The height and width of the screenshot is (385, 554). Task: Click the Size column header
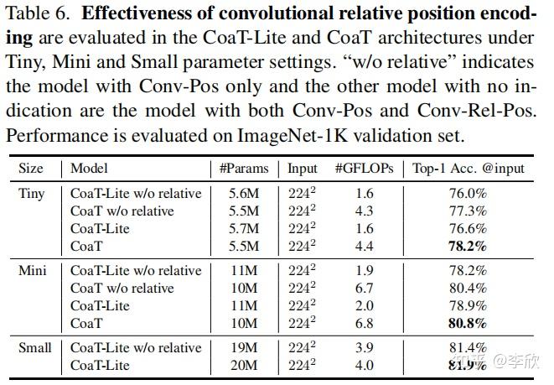[31, 168]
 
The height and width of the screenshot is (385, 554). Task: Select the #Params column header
[244, 168]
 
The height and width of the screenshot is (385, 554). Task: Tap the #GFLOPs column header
[365, 168]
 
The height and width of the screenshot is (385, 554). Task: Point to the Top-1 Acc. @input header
[468, 168]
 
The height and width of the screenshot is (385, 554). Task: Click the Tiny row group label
[33, 193]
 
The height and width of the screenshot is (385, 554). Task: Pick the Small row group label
[35, 348]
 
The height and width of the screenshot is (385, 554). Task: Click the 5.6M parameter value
[245, 193]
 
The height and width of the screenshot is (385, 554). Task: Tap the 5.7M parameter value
[245, 228]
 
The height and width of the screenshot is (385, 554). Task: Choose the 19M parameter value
[245, 348]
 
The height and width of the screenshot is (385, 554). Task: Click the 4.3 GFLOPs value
[365, 211]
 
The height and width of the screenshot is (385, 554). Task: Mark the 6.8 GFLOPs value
[365, 323]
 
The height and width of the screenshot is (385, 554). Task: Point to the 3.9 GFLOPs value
[365, 348]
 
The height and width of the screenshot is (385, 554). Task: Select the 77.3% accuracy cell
[469, 211]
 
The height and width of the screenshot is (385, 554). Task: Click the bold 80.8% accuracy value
[469, 323]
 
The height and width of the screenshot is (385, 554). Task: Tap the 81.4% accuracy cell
[469, 348]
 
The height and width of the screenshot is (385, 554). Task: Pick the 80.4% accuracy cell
[469, 289]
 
